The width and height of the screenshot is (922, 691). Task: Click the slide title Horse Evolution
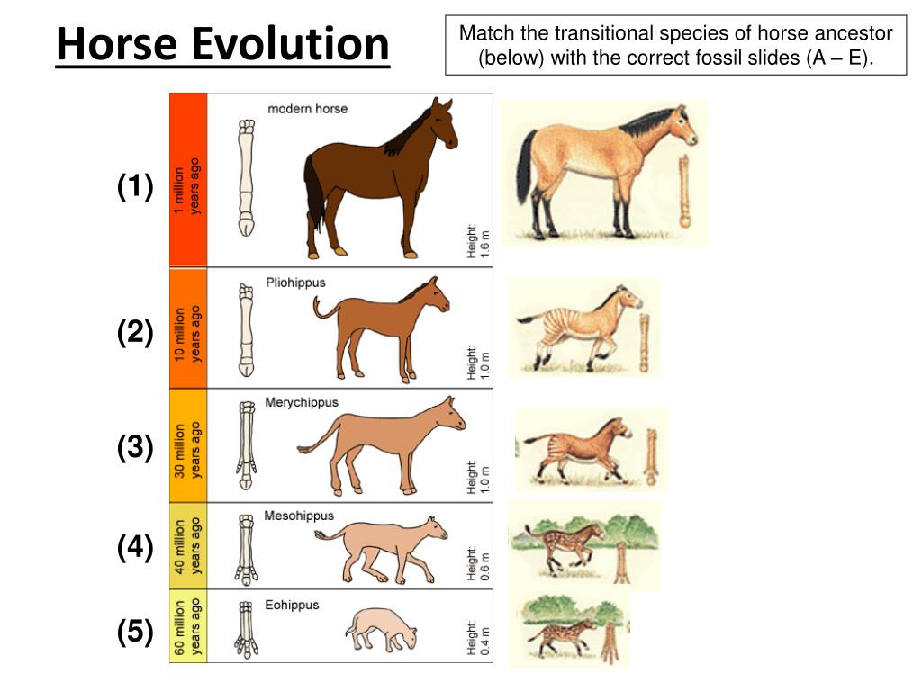[x=223, y=44]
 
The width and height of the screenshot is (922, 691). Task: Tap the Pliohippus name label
[x=295, y=283]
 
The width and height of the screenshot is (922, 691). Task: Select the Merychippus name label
[x=302, y=402]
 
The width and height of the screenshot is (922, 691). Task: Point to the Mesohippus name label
[x=299, y=516]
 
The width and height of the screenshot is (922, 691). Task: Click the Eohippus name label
[x=292, y=605]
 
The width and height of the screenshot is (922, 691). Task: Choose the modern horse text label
[x=307, y=109]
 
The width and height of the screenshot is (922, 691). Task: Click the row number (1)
[x=135, y=187]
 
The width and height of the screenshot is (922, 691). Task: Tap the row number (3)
[x=135, y=447]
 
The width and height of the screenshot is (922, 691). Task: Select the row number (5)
[x=135, y=633]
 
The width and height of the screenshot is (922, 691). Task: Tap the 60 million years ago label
[x=187, y=627]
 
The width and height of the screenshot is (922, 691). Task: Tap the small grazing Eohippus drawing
[x=380, y=627]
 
